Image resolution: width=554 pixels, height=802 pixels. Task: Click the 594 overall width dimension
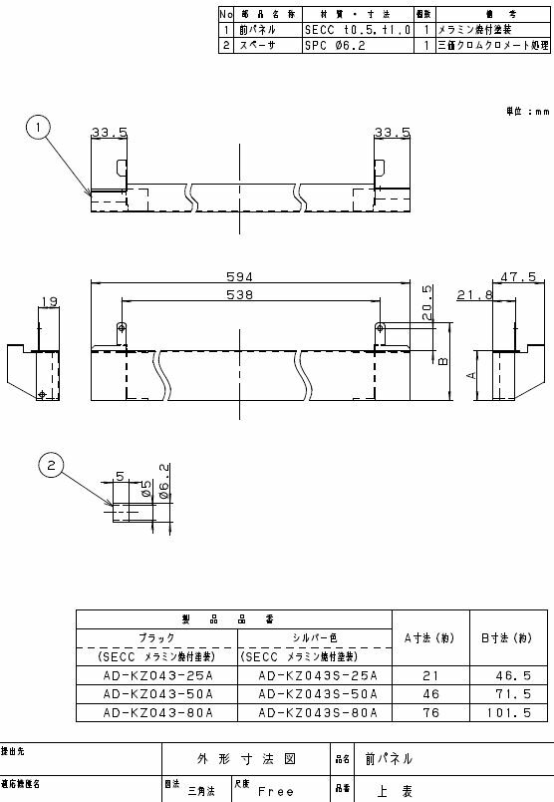point(239,277)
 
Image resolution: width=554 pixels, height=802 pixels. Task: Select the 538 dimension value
point(239,295)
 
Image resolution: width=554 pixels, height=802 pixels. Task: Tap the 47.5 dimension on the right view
point(519,277)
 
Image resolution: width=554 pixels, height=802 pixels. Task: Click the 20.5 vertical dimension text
point(426,303)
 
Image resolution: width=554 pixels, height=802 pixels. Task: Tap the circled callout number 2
point(52,463)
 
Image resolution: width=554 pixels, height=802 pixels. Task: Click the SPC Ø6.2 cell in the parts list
point(329,45)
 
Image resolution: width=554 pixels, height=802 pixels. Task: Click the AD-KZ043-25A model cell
point(157,675)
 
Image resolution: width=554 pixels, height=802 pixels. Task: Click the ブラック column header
point(157,637)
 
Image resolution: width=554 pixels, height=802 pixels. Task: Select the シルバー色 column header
point(313,637)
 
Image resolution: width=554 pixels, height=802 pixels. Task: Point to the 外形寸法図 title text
point(247,758)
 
